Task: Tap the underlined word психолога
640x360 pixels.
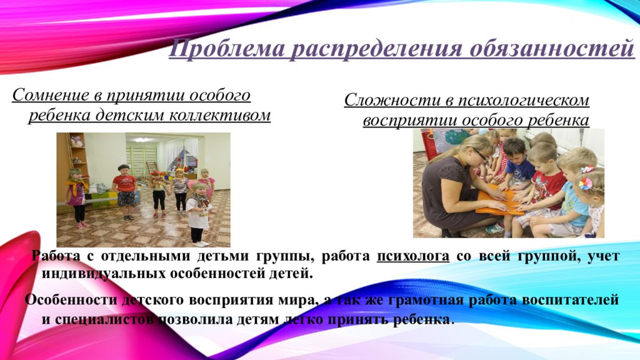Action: click(x=413, y=256)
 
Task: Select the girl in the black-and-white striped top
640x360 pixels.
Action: click(x=180, y=189)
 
